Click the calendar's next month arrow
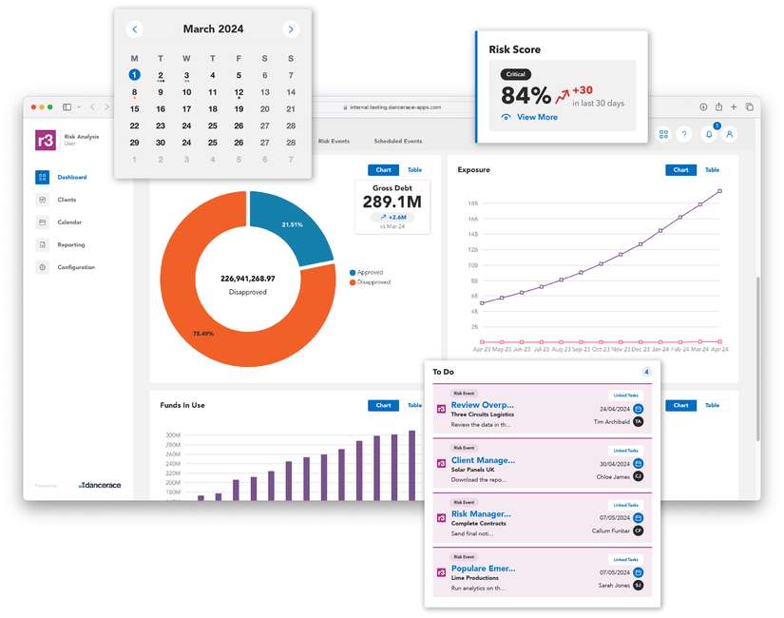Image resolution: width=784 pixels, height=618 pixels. click(x=291, y=29)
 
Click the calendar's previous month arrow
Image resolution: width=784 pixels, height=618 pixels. click(x=135, y=29)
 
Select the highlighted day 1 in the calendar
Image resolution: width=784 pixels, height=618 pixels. click(x=135, y=75)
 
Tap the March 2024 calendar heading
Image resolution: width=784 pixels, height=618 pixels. click(x=213, y=29)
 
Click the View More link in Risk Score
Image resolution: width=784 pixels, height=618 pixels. click(x=537, y=117)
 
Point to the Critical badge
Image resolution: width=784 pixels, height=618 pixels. click(x=515, y=74)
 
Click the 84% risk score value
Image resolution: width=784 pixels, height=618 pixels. click(x=526, y=95)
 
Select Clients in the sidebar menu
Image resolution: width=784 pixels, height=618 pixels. click(x=67, y=200)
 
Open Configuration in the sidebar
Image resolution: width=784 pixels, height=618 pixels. click(x=76, y=267)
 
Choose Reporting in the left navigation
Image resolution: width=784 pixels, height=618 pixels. click(x=70, y=244)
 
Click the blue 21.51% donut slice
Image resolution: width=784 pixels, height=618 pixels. click(x=289, y=223)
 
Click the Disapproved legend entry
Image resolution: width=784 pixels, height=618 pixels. click(x=373, y=282)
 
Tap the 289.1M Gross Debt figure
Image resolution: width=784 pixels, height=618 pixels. click(x=392, y=202)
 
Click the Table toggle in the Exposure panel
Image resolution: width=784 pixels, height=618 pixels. click(x=712, y=170)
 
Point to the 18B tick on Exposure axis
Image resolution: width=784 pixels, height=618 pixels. click(x=472, y=203)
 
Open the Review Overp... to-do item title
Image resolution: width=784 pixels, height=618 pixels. click(x=482, y=405)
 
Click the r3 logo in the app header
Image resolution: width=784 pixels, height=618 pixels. click(x=46, y=140)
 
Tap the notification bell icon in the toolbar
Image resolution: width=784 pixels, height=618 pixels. click(x=708, y=135)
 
